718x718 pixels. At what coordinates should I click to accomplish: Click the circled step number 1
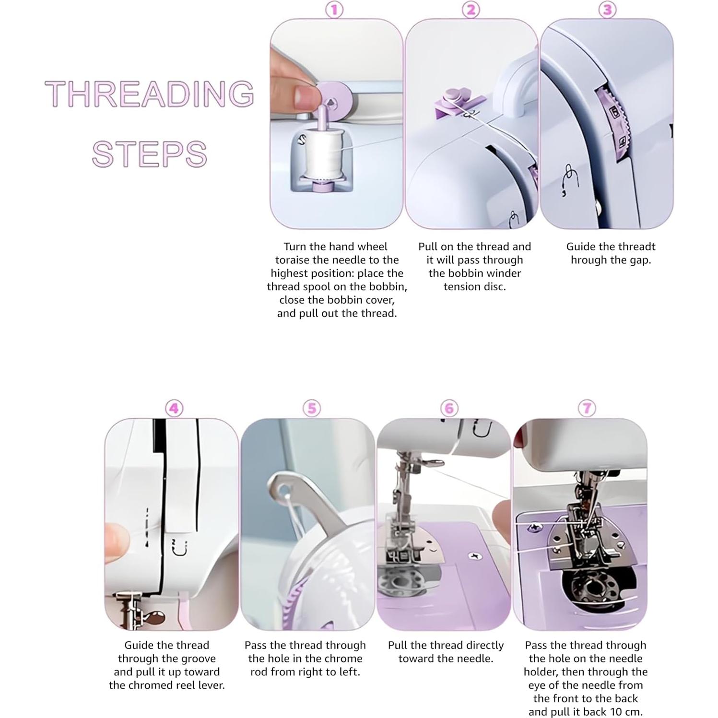334,10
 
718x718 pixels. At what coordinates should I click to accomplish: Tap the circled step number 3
607,10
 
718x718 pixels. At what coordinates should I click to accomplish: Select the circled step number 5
311,409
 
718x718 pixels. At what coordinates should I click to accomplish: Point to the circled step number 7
587,409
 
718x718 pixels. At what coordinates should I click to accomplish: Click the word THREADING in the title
150,94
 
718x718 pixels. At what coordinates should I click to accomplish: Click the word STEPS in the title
150,154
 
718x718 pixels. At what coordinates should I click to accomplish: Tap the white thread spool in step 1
321,155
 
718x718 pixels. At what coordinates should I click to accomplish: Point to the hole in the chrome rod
287,490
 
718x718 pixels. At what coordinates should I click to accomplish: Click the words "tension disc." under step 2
474,287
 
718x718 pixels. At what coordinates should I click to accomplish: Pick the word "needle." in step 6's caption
475,659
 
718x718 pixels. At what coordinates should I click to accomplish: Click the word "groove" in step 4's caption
196,659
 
